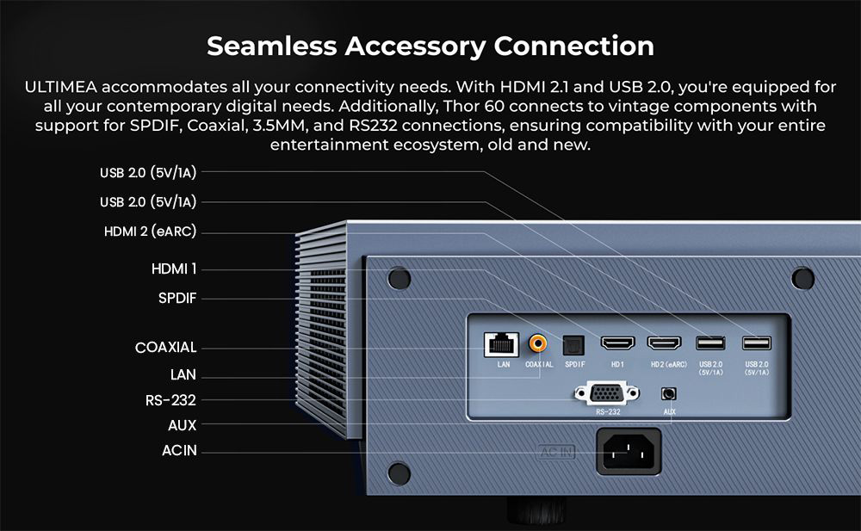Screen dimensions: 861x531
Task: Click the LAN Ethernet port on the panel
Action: coord(501,344)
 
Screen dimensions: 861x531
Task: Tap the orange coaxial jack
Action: coord(537,343)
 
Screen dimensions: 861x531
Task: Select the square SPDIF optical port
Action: coord(573,345)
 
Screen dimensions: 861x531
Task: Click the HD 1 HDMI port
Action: coord(617,343)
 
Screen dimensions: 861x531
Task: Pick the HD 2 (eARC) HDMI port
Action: coord(665,343)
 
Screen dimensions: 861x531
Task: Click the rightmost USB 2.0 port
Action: coord(757,343)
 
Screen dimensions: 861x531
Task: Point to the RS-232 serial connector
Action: coord(607,393)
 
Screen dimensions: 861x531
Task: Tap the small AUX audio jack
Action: coord(668,393)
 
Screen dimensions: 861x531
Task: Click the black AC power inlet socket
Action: coord(629,452)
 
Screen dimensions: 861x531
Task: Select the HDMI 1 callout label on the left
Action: coord(174,269)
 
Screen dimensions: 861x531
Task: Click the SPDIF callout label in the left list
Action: coord(177,298)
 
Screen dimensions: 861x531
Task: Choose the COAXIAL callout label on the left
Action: coord(165,347)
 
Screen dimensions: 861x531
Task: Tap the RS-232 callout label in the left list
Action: coord(170,400)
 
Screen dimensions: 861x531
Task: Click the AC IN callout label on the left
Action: coord(179,450)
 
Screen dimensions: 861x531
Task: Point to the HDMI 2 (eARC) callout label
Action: coord(150,232)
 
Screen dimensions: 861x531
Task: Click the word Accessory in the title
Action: coord(415,46)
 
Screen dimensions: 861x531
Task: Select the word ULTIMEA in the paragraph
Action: coord(60,87)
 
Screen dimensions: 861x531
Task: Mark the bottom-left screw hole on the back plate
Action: coord(399,473)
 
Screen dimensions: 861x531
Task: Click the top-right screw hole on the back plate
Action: coord(802,278)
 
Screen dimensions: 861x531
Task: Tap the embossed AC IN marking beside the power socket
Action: coord(556,452)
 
